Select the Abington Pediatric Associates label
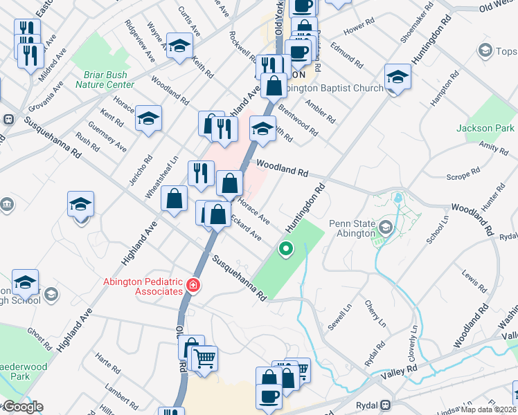pos(142,286)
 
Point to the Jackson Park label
pos(485,128)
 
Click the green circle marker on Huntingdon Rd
pos(285,248)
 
